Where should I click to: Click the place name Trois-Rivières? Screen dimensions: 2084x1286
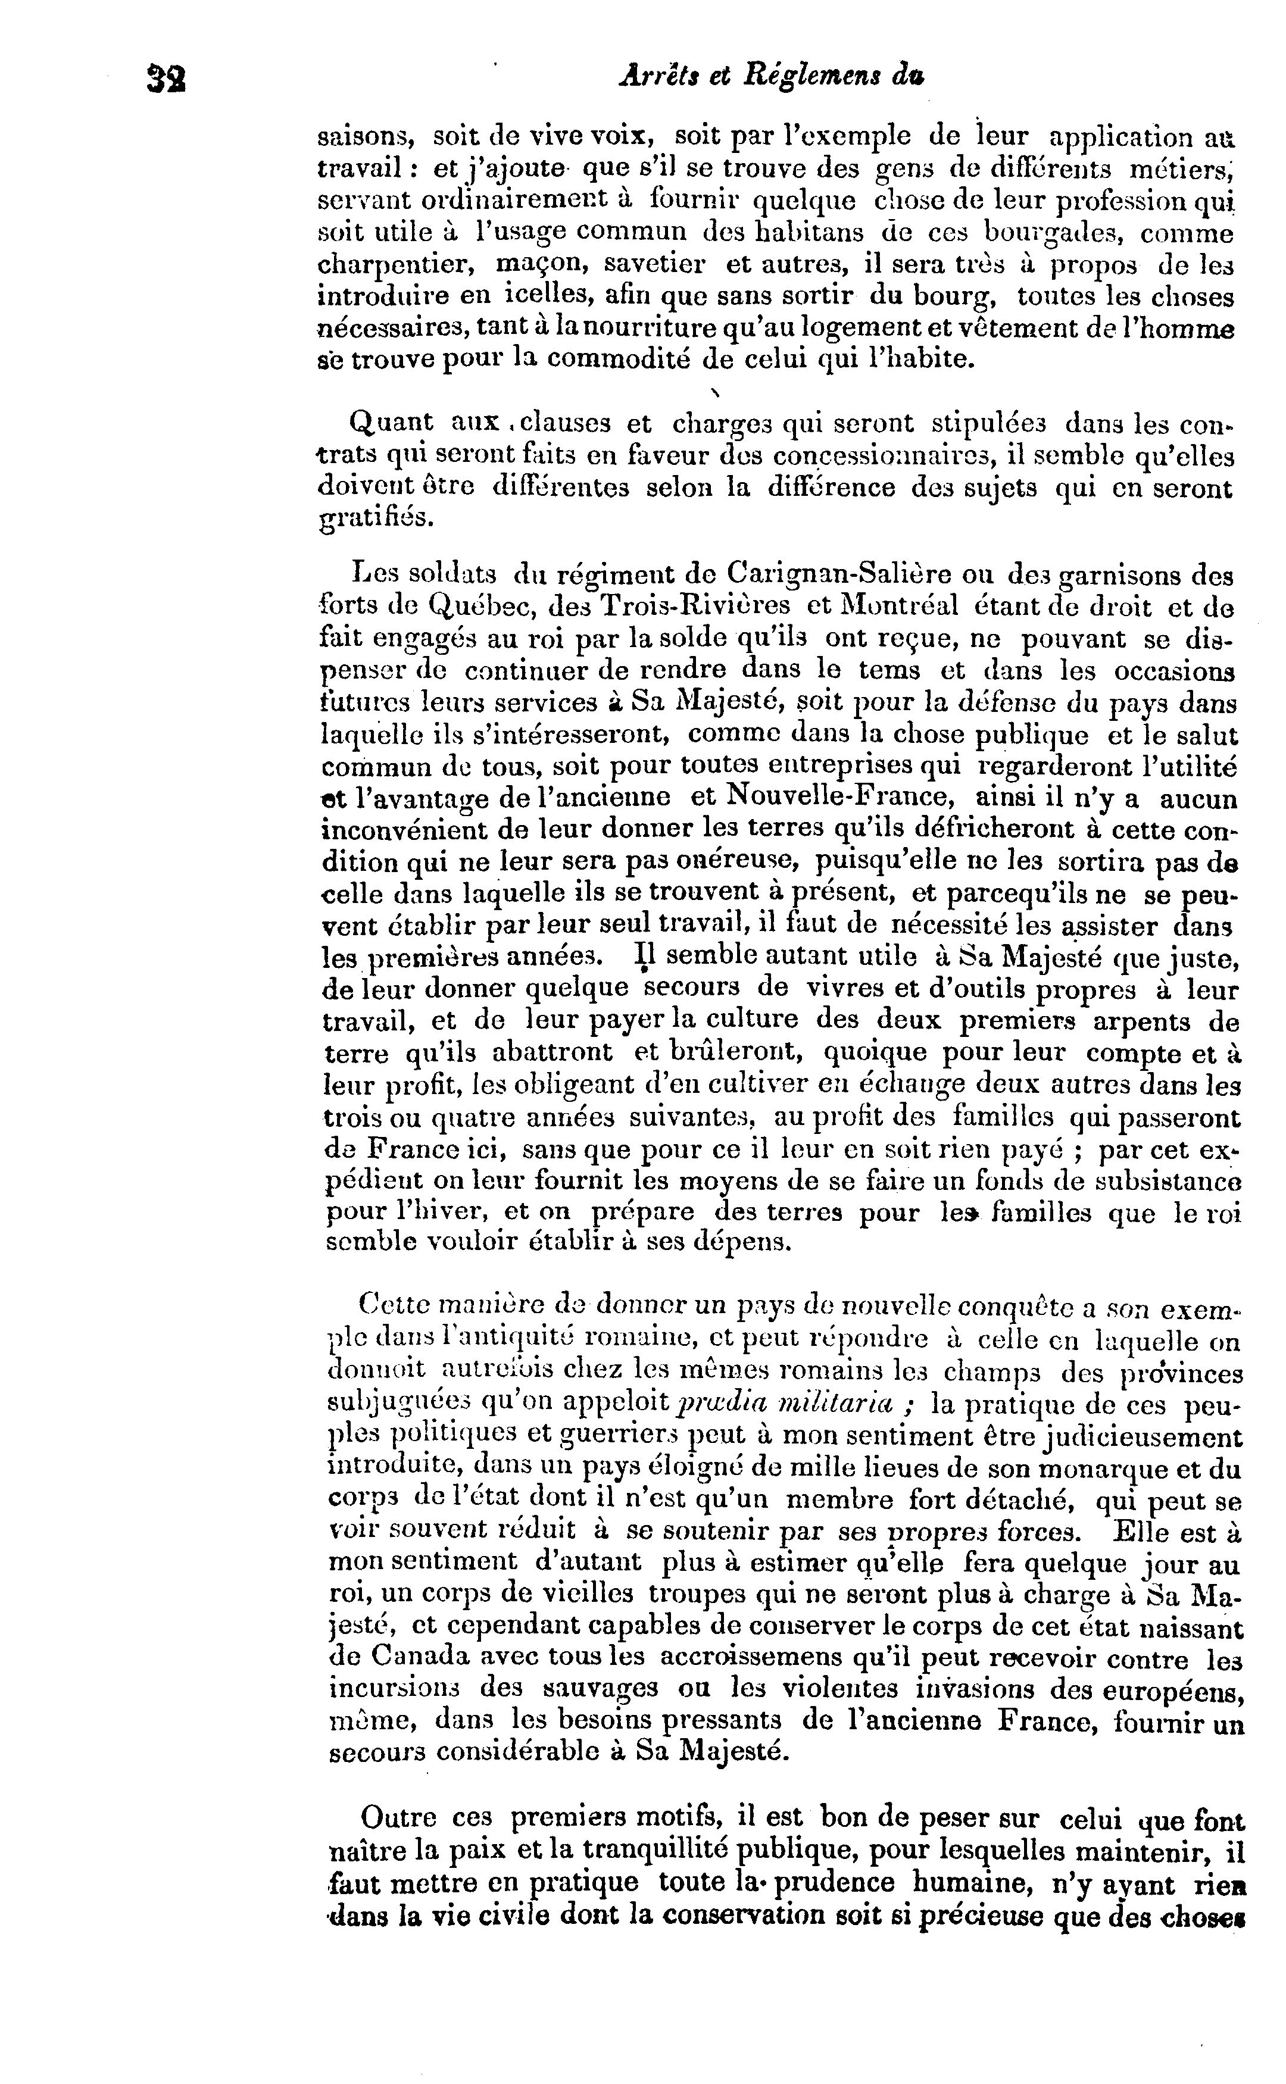(693, 607)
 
